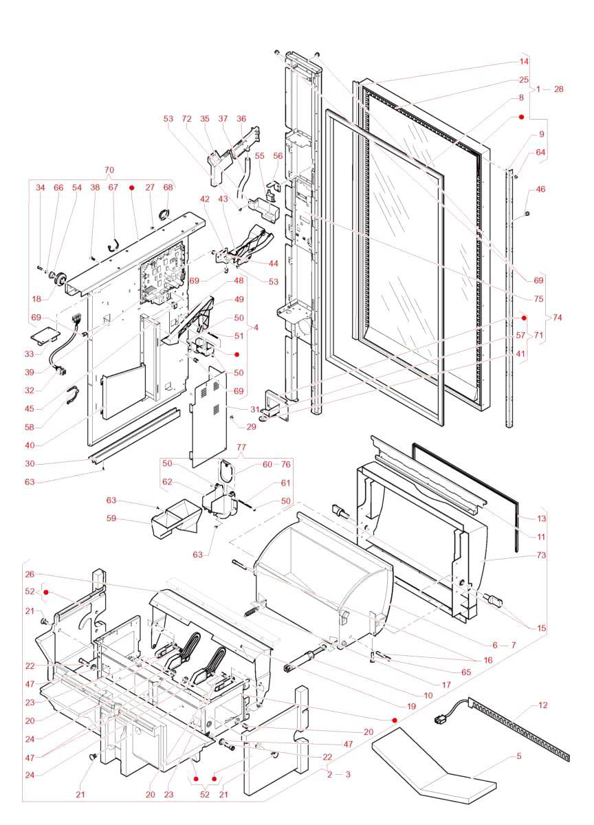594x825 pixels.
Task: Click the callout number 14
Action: coord(523,62)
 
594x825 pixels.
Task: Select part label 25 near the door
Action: coord(523,80)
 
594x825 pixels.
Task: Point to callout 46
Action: coord(540,188)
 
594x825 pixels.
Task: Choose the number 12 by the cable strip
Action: coord(543,706)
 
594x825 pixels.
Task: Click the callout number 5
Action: coord(518,756)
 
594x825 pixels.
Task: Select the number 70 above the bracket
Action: coord(109,170)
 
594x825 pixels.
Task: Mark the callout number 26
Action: coord(30,574)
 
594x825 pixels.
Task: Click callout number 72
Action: coord(186,119)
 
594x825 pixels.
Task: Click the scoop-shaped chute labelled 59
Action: coord(172,522)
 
